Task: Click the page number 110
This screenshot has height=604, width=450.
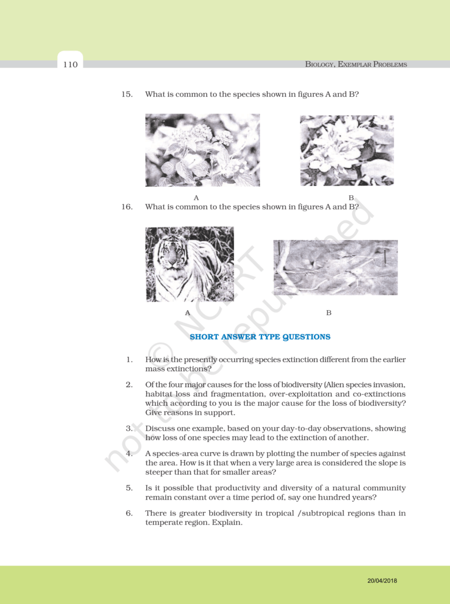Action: (x=70, y=64)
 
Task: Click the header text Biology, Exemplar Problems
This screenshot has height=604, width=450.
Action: (x=356, y=64)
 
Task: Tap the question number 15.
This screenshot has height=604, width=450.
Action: (x=127, y=94)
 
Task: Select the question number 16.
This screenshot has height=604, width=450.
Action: (x=127, y=207)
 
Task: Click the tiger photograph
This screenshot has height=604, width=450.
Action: (x=190, y=264)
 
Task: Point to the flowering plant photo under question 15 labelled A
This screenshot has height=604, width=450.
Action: (x=202, y=150)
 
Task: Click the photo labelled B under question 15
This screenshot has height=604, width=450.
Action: (x=346, y=150)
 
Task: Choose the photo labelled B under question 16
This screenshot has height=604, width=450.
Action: (x=335, y=267)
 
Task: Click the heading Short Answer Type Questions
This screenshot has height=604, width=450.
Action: (x=260, y=337)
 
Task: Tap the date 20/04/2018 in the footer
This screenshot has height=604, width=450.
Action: (x=382, y=580)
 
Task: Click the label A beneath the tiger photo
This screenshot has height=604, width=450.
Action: (x=188, y=313)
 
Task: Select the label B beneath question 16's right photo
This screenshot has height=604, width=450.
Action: (x=329, y=313)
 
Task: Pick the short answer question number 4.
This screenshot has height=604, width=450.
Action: (x=129, y=454)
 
